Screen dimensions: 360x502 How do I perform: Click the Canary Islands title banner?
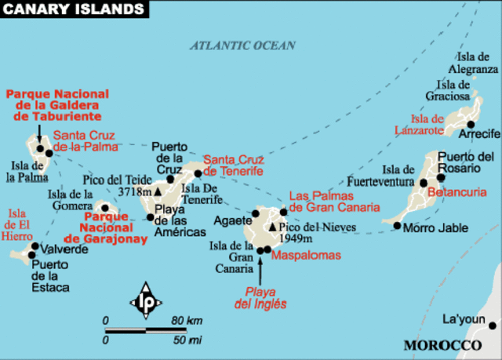(x=75, y=9)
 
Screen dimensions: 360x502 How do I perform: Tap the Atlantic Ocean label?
(x=242, y=45)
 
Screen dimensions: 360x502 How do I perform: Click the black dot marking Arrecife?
(x=471, y=124)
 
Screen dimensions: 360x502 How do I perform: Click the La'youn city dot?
(x=493, y=325)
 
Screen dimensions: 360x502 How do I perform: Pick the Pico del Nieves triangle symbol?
(x=273, y=227)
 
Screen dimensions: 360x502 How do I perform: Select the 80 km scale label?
(x=188, y=320)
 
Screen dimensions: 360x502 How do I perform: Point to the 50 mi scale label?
(x=187, y=340)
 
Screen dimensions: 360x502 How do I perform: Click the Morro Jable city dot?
(x=397, y=227)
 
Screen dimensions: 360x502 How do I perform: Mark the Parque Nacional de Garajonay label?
(x=115, y=227)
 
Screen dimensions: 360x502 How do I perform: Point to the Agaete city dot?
(x=255, y=213)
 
